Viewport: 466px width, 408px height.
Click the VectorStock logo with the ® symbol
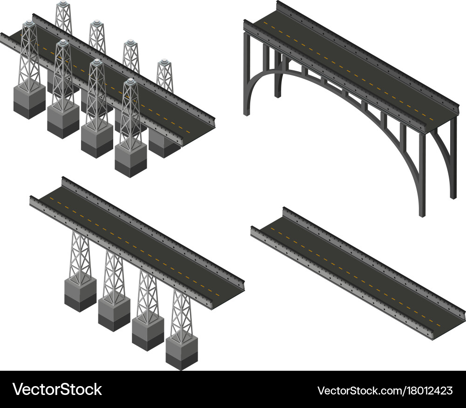[x=57, y=389]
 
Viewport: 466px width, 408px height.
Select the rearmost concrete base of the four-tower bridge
[x=80, y=294]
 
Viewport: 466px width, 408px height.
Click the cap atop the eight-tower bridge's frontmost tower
[x=131, y=82]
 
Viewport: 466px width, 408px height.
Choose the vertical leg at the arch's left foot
[x=247, y=75]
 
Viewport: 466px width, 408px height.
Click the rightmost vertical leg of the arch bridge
[x=452, y=158]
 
